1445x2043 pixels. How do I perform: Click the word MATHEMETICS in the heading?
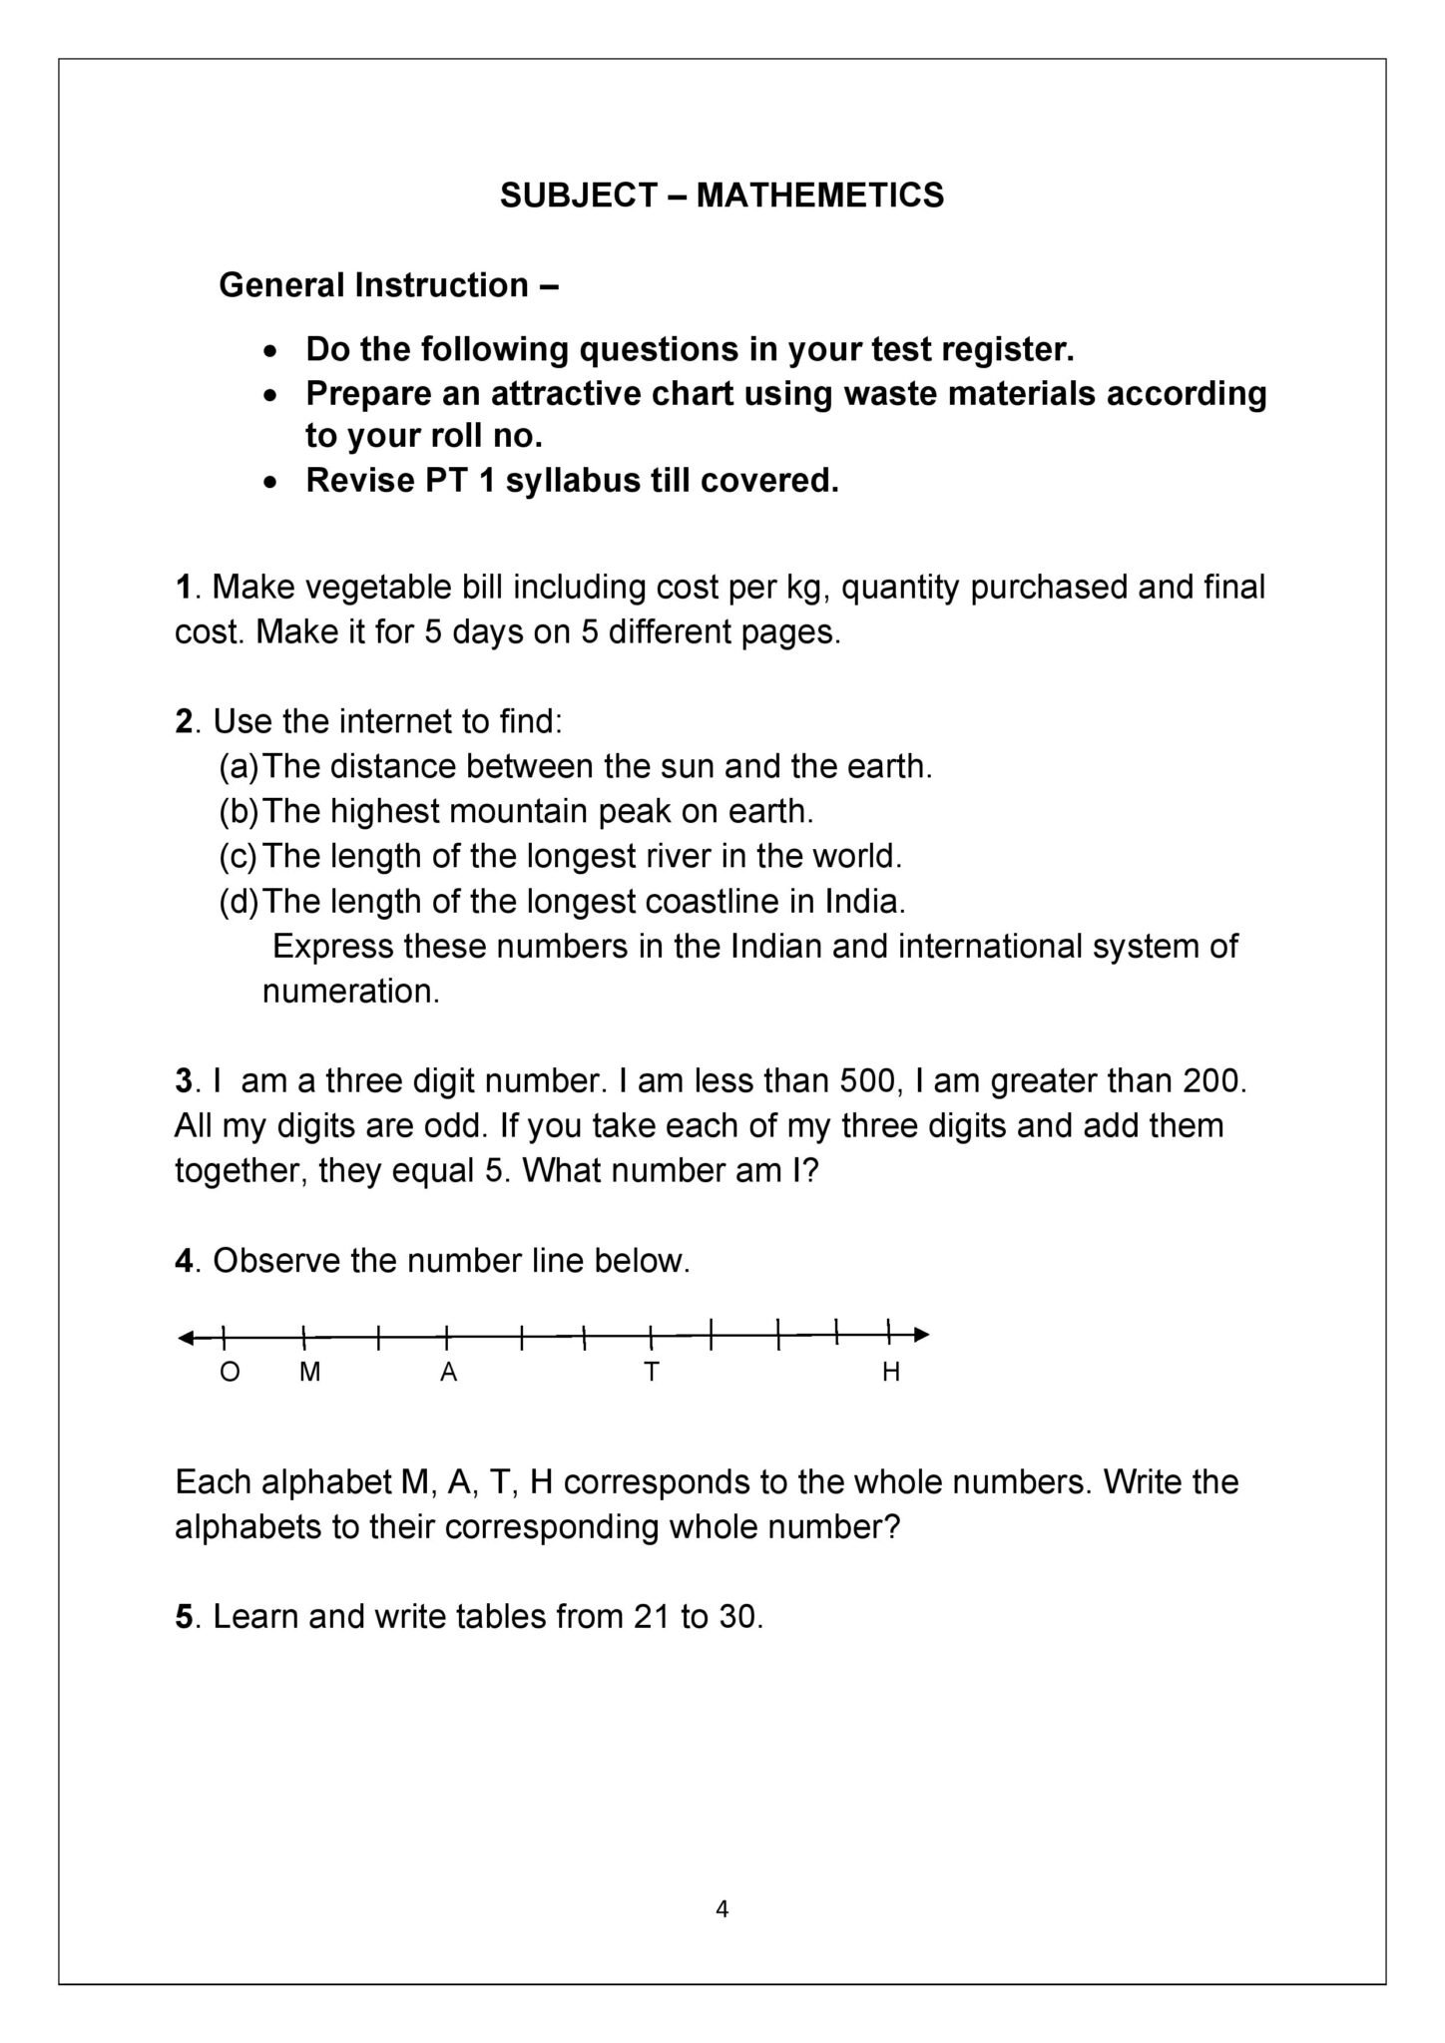[819, 196]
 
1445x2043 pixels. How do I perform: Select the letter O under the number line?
[230, 1373]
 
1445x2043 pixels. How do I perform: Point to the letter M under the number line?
[310, 1373]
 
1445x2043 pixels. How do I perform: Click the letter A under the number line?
[449, 1373]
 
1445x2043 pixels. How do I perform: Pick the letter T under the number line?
[652, 1373]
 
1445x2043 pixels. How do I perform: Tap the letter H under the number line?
[891, 1373]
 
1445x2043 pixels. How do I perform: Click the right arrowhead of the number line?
[922, 1335]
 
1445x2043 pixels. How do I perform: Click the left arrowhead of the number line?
[187, 1337]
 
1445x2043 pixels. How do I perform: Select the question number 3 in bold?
[183, 1081]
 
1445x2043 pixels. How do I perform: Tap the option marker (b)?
[239, 812]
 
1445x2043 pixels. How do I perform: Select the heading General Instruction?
[374, 286]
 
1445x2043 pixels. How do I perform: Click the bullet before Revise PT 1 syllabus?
[269, 482]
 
